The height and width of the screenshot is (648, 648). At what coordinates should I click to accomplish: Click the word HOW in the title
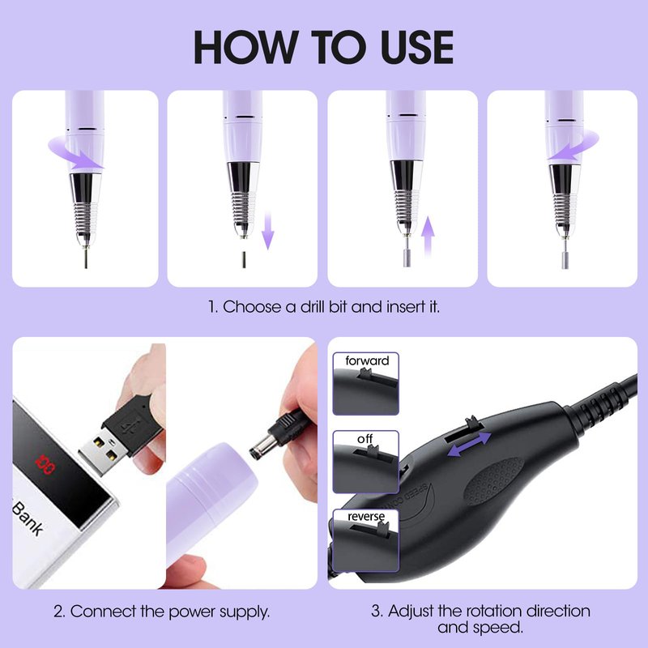coord(246,47)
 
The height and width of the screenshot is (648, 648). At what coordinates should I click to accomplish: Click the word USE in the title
coord(417,47)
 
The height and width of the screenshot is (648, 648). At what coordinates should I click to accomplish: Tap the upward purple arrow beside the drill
coord(428,236)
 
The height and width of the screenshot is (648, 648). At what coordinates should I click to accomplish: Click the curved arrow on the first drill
coord(75,156)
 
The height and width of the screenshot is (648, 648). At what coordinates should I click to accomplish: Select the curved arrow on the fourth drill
coord(574,147)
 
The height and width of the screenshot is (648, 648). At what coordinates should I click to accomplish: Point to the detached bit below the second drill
coord(244,259)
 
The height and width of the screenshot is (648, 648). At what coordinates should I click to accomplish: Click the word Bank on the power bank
coord(28,518)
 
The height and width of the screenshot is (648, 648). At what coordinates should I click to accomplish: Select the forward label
coord(367,360)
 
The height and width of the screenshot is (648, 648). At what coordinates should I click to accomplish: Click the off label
coord(365,438)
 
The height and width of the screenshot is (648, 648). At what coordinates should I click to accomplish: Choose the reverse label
coord(366,516)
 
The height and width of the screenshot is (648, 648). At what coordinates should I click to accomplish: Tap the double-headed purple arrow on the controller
coord(470,444)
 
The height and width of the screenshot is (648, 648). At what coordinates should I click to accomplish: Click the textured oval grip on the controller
coord(494,480)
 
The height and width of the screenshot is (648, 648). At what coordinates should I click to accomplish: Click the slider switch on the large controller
coord(474,424)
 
